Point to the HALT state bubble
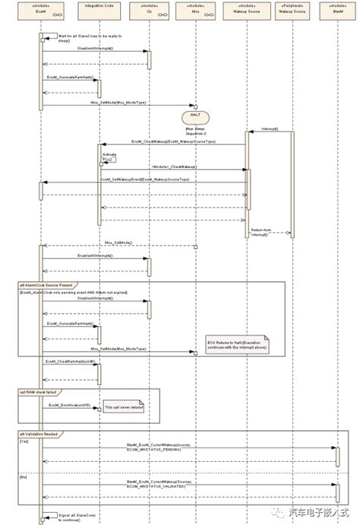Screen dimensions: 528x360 [196, 117]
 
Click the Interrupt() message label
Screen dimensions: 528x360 [270, 129]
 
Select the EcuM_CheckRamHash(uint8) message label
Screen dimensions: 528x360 [70, 362]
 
